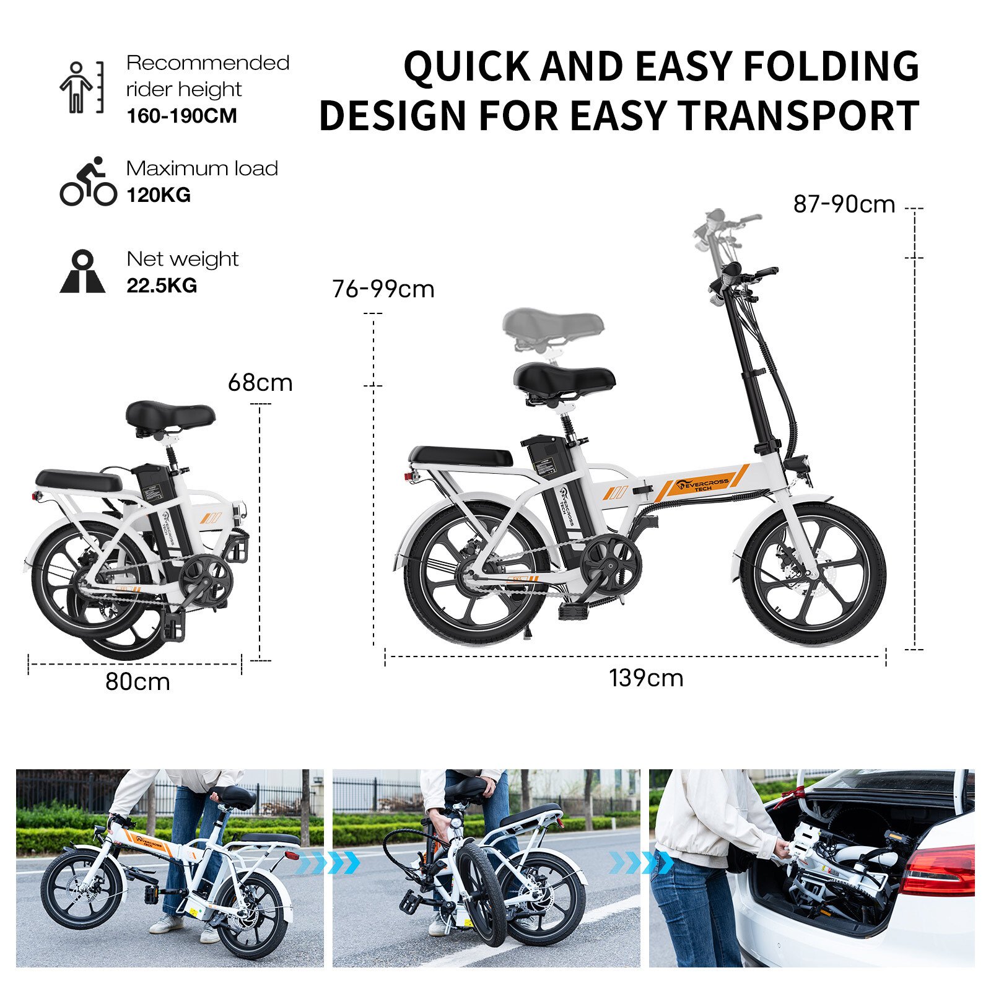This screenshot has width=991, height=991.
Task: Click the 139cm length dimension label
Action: [646, 678]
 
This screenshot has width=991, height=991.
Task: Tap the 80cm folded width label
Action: [138, 682]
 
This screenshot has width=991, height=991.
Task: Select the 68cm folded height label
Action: [260, 383]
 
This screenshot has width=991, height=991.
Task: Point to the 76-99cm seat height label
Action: [383, 289]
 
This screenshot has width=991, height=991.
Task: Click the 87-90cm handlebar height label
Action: [844, 204]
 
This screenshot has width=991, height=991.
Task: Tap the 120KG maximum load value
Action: [159, 195]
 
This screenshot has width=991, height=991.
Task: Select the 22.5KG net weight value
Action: [162, 286]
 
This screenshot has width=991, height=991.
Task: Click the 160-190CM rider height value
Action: [181, 116]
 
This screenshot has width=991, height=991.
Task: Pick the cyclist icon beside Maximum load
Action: [88, 181]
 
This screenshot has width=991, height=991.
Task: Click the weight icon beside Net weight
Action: [82, 271]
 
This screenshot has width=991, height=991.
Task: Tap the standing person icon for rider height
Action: [81, 87]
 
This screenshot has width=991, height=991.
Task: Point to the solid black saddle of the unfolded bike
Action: [565, 379]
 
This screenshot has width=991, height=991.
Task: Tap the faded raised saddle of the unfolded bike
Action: [553, 325]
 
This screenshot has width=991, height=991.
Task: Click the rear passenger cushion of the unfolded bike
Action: [461, 456]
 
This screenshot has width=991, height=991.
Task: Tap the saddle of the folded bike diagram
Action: [170, 414]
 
